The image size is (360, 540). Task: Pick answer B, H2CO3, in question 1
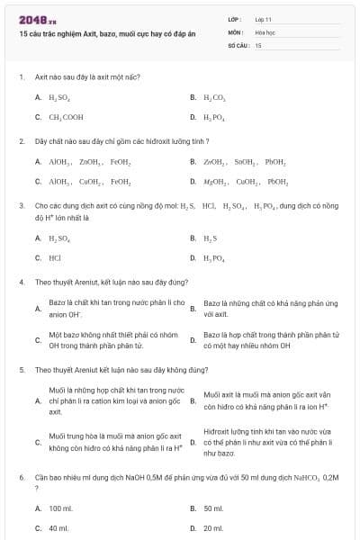215,96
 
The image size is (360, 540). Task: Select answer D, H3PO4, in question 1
214,117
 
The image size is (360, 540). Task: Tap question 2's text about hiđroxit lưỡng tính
122,141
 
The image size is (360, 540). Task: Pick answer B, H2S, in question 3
210,238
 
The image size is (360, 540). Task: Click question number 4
21,282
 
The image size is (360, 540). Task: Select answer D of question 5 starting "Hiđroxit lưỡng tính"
267,442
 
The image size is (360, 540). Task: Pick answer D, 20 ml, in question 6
213,528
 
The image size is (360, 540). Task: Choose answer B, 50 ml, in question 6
213,508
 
